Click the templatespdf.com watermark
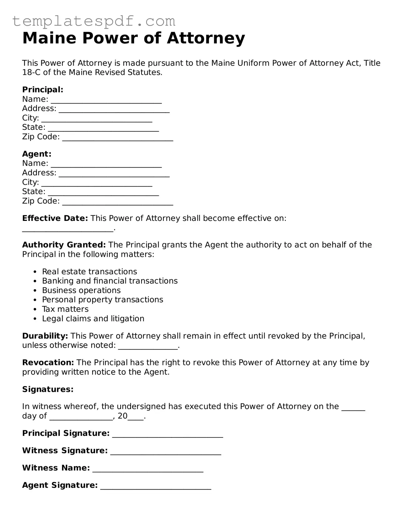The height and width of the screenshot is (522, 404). tap(94, 21)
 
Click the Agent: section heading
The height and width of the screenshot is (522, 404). tap(37, 154)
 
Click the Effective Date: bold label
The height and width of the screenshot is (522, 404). tap(55, 218)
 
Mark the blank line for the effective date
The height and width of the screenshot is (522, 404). tap(67, 229)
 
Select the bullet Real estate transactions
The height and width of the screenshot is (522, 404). tap(89, 271)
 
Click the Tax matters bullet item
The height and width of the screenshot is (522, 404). tap(65, 309)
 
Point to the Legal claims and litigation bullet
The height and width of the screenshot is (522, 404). tap(93, 319)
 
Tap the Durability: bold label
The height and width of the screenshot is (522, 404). tap(45, 336)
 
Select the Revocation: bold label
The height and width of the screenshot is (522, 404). tap(48, 363)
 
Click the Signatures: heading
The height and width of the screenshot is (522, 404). tap(47, 389)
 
